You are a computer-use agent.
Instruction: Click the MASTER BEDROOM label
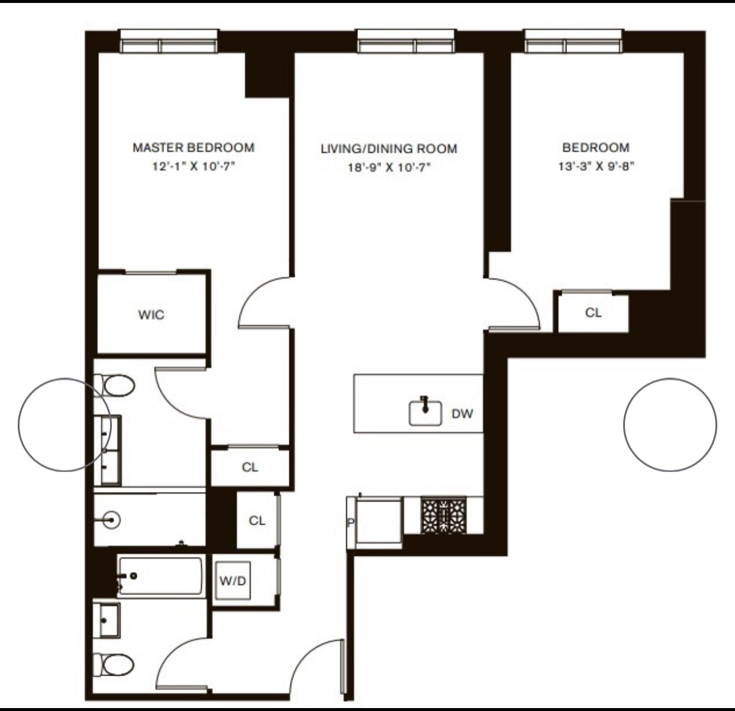coord(194,147)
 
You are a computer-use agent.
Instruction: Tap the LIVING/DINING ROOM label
coord(389,149)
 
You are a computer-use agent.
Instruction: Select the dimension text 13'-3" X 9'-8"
coord(596,166)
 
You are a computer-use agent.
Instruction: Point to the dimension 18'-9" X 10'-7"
coord(389,167)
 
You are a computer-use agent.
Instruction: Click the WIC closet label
coord(151,315)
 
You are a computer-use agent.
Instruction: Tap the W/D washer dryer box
coord(233,580)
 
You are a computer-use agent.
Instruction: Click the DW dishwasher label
coord(462,414)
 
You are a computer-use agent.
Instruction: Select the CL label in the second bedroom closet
coord(593,313)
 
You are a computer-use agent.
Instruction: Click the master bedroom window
coord(169,41)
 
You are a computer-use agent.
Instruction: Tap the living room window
coord(406,41)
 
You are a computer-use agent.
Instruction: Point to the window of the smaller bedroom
coord(573,41)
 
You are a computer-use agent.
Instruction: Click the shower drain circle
coord(111,521)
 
